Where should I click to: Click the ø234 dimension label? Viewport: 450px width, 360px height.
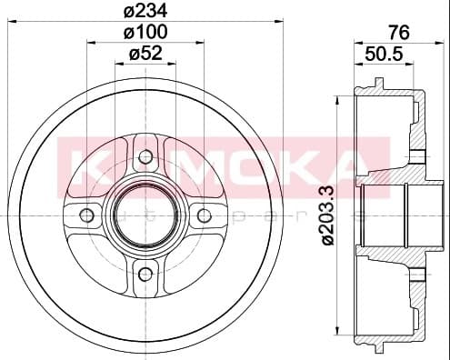tap(145, 11)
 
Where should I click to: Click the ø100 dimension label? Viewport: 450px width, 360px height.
tap(145, 33)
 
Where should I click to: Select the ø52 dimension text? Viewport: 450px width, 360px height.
tap(145, 54)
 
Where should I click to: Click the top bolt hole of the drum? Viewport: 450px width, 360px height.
tap(145, 156)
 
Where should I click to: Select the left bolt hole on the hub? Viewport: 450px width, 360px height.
tap(87, 215)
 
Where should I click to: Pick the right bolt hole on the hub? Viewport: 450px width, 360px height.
tap(204, 215)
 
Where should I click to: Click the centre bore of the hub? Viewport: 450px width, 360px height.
tap(145, 215)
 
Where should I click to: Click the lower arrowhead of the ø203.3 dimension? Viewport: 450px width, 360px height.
tap(338, 338)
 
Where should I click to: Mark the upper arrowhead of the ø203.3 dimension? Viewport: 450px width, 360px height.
tap(338, 94)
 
